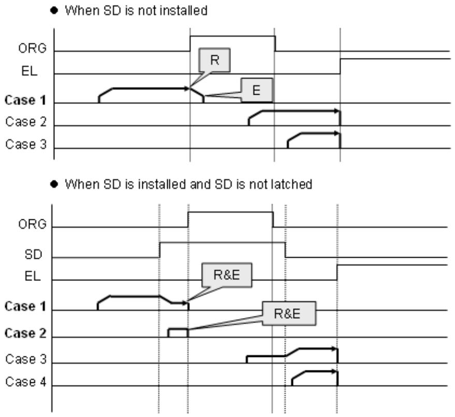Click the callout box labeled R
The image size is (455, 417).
[214, 60]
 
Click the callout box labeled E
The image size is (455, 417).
[257, 90]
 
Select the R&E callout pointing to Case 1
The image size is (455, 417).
[227, 275]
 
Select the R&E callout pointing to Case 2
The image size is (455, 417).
[289, 314]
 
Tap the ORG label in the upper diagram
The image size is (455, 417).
[32, 48]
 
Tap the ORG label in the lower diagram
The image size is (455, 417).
[32, 224]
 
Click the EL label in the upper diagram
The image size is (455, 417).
[30, 71]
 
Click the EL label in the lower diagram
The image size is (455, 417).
[33, 276]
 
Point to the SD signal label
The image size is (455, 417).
[33, 255]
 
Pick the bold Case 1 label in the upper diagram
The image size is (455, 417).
[25, 100]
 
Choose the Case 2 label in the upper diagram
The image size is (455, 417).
[26, 122]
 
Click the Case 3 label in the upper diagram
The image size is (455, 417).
[26, 144]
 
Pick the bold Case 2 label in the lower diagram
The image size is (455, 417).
[25, 333]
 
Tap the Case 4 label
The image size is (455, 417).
[26, 382]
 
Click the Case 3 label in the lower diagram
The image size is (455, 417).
[26, 359]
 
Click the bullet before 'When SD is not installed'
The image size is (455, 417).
[54, 10]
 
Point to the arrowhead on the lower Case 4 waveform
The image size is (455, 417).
[335, 371]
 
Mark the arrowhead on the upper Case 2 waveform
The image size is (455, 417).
[336, 111]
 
